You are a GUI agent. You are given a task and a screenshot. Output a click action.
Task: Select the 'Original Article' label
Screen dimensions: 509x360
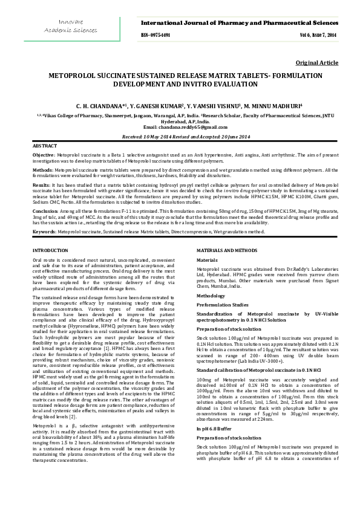(x=316, y=63)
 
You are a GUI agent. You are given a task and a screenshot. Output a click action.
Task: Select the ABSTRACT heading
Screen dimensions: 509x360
(x=45, y=146)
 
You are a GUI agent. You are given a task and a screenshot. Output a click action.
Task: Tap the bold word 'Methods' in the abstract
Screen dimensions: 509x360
(x=42, y=171)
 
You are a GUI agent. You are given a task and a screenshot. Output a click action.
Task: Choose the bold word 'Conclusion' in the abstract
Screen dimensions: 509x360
(x=45, y=211)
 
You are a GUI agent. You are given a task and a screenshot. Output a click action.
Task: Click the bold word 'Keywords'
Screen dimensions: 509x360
(x=44, y=231)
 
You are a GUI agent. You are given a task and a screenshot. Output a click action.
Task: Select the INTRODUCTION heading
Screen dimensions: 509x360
(x=51, y=250)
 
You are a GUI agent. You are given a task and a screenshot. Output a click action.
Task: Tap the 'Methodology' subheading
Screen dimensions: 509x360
(x=211, y=279)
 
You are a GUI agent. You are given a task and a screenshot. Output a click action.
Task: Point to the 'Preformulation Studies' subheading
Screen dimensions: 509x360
(x=222, y=288)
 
